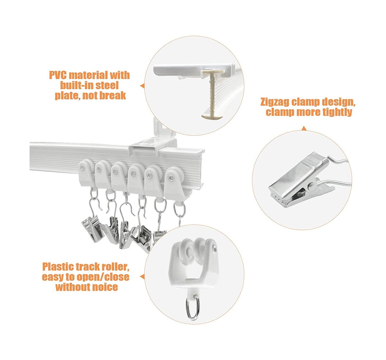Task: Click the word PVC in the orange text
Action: [x=58, y=75]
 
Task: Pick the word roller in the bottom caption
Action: [x=115, y=267]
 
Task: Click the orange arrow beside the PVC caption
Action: [x=142, y=86]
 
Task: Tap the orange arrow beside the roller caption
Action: [x=142, y=276]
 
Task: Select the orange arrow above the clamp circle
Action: [x=304, y=129]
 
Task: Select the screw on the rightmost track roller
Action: [x=171, y=177]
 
